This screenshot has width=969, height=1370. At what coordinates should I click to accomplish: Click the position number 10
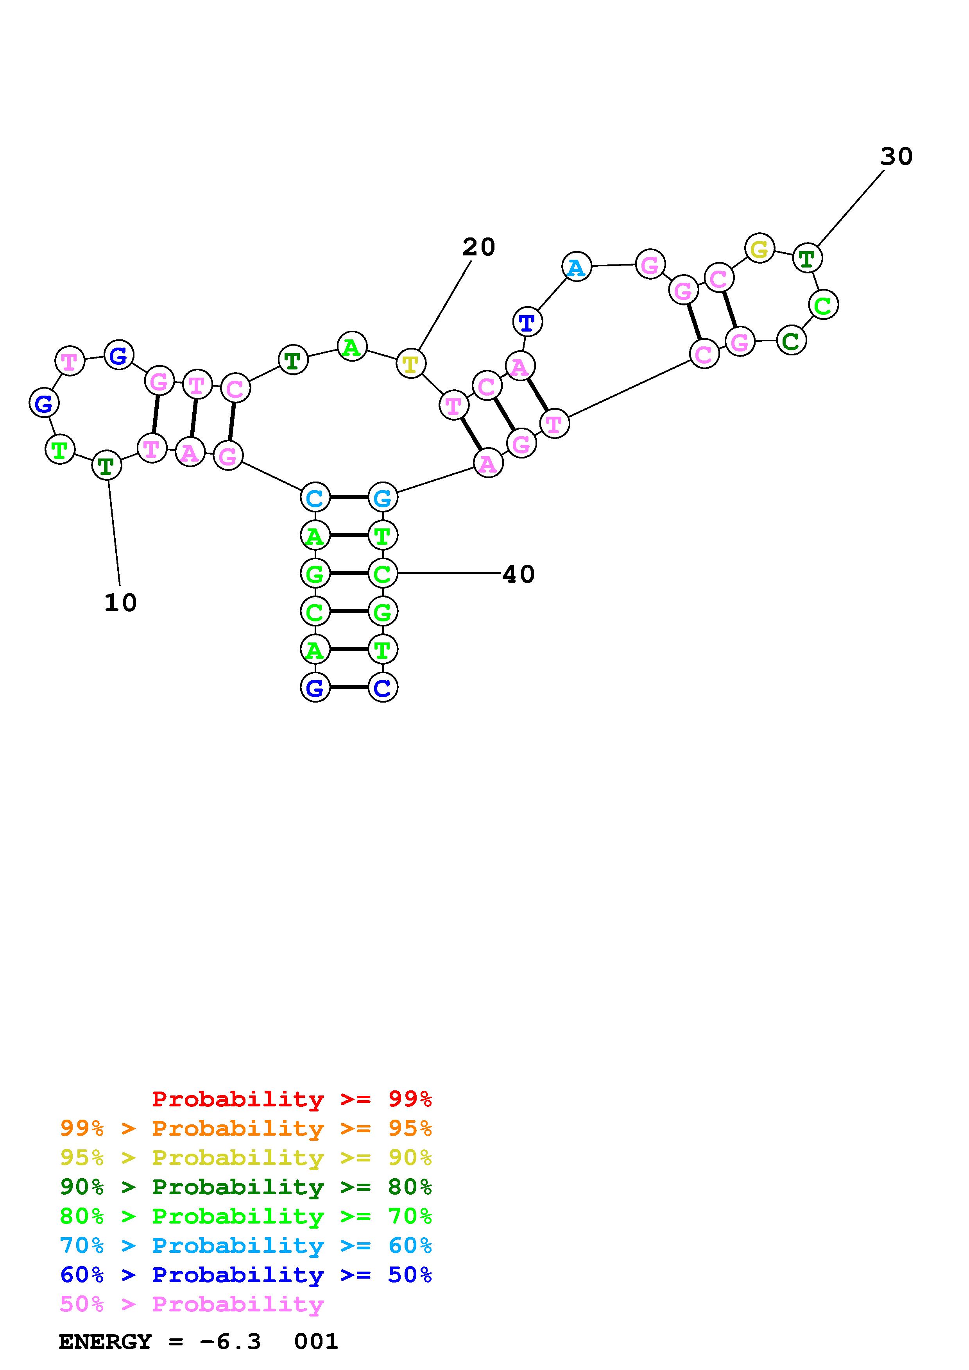pyautogui.click(x=121, y=603)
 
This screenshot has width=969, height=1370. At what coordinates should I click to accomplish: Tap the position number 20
pyautogui.click(x=479, y=247)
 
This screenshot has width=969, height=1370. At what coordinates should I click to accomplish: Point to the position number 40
pyautogui.click(x=518, y=574)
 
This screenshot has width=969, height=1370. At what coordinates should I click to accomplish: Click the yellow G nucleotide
pyautogui.click(x=759, y=249)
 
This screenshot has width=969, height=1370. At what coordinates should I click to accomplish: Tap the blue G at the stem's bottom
pyautogui.click(x=315, y=688)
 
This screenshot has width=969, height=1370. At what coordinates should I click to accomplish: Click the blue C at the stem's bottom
pyautogui.click(x=383, y=688)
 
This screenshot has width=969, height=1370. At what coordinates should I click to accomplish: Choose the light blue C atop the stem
pyautogui.click(x=315, y=498)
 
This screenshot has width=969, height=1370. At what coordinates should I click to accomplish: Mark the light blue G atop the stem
pyautogui.click(x=383, y=498)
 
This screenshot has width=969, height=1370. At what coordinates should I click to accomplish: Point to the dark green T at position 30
pyautogui.click(x=807, y=259)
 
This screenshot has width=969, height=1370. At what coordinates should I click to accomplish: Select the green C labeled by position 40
pyautogui.click(x=383, y=573)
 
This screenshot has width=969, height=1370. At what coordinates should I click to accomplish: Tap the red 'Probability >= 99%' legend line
pyautogui.click(x=291, y=1099)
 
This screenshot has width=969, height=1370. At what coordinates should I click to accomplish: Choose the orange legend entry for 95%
pyautogui.click(x=246, y=1128)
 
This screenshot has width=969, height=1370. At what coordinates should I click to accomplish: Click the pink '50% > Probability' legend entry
pyautogui.click(x=192, y=1304)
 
